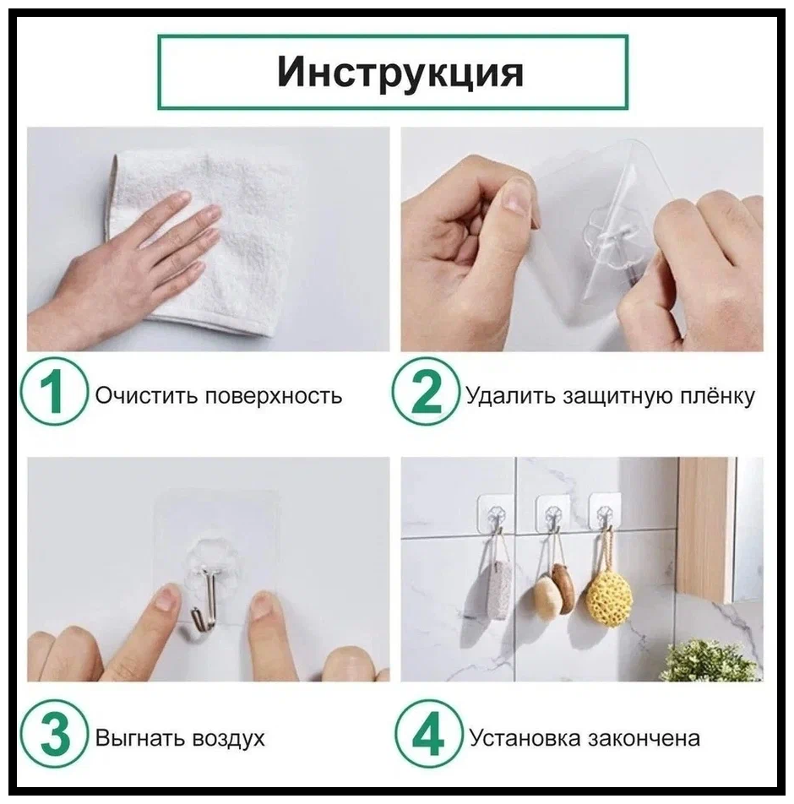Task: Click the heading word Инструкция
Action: coord(400,73)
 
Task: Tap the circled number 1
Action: coord(53,391)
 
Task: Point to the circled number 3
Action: coord(53,734)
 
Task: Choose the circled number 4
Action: coord(428,734)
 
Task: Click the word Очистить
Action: coord(145,396)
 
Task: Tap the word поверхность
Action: coord(274,397)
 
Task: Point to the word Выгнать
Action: coord(139,738)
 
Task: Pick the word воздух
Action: coord(228,739)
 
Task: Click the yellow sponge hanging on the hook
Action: coord(609,597)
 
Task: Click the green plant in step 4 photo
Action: coord(715,661)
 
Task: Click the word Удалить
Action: coord(510,396)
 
